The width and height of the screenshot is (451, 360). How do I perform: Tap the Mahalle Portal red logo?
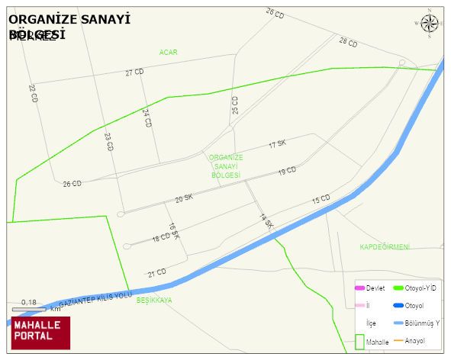click(40, 333)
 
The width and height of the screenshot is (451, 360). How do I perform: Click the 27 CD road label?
click(134, 72)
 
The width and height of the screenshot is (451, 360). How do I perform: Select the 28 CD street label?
click(348, 43)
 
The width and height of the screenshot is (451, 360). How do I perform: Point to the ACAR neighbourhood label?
click(169, 52)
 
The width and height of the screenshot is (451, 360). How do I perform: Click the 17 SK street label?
click(277, 143)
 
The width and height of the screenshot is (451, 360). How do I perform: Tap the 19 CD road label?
click(287, 172)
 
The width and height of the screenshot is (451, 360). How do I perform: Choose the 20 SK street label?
click(184, 198)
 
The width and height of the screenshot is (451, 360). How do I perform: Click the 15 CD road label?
click(321, 200)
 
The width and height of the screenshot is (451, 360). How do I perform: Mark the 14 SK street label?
click(266, 221)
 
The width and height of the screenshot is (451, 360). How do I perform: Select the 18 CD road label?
click(161, 237)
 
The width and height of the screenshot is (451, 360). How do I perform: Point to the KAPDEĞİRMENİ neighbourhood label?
click(385, 246)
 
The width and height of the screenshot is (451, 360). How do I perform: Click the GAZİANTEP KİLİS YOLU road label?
click(95, 299)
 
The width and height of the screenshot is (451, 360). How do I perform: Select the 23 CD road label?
click(108, 142)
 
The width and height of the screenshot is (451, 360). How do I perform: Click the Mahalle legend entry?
click(370, 342)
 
